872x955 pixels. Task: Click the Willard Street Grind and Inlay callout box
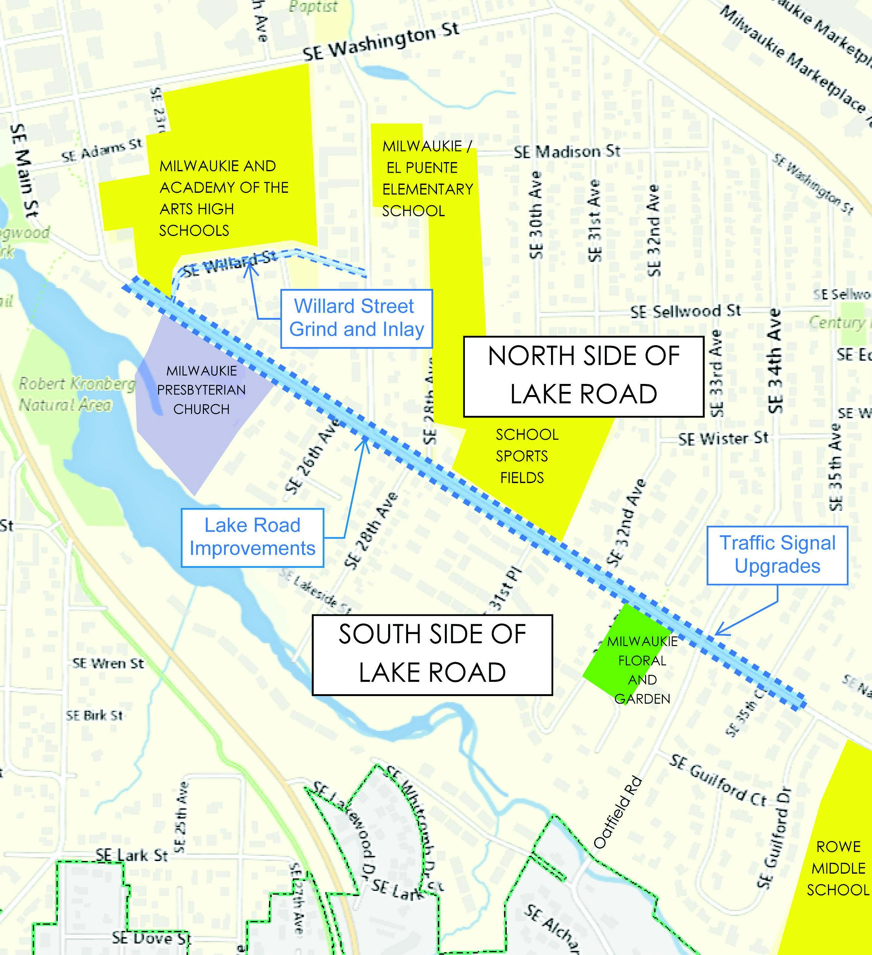pyautogui.click(x=356, y=318)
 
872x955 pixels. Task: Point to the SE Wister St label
pyautogui.click(x=723, y=439)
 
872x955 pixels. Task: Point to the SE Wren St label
pyautogui.click(x=108, y=663)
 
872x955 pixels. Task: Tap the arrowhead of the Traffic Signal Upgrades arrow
pyautogui.click(x=717, y=633)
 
